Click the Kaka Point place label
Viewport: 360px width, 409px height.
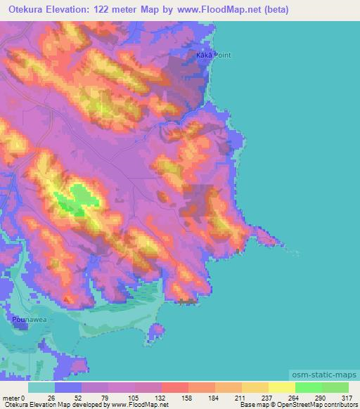(x=214, y=55)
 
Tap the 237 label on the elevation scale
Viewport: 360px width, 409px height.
(x=265, y=397)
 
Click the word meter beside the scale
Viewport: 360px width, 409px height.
(x=11, y=397)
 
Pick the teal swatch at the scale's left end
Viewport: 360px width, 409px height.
(x=41, y=387)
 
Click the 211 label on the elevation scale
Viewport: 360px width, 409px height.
(x=240, y=397)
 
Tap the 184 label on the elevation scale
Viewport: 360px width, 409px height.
(x=212, y=397)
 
